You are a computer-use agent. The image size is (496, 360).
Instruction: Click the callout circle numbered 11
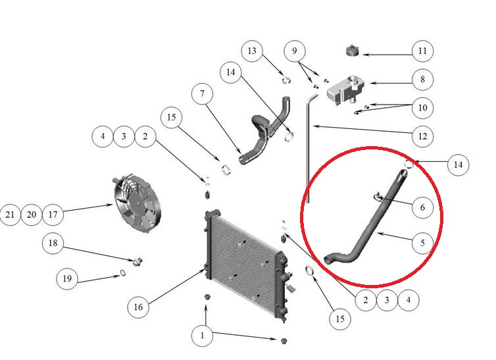(422, 51)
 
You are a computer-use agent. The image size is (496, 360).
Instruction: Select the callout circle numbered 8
(422, 80)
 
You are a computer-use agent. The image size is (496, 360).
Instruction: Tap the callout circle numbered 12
(422, 136)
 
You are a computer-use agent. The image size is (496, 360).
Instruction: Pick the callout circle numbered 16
(138, 307)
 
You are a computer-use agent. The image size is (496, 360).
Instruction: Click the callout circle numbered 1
(203, 336)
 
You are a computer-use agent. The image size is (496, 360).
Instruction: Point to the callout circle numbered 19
(67, 278)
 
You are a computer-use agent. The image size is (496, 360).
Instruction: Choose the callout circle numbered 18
(53, 243)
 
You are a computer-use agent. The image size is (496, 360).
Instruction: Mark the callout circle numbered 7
(202, 93)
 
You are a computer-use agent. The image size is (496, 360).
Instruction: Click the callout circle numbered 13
(252, 51)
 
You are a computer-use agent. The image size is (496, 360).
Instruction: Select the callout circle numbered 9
(295, 51)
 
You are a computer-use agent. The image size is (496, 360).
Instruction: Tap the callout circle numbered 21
(10, 215)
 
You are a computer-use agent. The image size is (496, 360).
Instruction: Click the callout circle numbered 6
(422, 207)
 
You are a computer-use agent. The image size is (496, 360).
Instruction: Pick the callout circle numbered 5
(422, 243)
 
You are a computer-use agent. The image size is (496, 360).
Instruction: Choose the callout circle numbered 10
(422, 108)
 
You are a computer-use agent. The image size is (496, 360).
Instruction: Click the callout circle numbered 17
(53, 215)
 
